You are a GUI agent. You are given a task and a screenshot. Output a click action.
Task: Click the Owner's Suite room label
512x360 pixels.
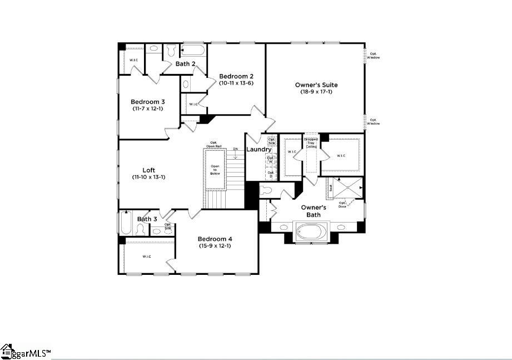click(x=316, y=85)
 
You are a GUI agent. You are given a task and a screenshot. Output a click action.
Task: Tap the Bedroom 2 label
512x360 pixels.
click(x=236, y=76)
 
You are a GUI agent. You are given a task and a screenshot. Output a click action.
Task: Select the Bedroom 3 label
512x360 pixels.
click(x=147, y=102)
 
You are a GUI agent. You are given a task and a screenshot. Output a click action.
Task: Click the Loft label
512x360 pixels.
click(x=148, y=170)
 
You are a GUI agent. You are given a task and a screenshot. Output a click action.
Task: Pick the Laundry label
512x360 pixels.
click(x=259, y=149)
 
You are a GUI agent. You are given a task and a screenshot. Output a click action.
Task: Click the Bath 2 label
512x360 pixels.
click(x=185, y=64)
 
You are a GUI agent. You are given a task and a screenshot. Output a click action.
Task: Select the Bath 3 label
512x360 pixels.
click(x=147, y=219)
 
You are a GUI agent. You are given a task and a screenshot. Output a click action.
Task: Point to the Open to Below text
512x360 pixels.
click(x=215, y=170)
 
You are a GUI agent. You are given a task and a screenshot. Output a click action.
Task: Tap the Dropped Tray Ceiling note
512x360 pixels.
click(x=311, y=143)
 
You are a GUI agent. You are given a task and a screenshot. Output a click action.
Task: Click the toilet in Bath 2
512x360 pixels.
click(x=171, y=51)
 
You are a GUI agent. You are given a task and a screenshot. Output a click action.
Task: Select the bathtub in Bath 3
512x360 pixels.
click(x=126, y=224)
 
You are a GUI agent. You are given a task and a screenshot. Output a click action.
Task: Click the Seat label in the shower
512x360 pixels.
click(x=331, y=188)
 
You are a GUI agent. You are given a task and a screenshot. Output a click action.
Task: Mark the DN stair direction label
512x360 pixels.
click(x=236, y=149)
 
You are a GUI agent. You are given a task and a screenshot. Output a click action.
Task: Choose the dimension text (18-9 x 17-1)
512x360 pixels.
click(x=316, y=92)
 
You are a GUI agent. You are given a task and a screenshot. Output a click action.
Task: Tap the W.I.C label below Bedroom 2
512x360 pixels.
click(x=193, y=104)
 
